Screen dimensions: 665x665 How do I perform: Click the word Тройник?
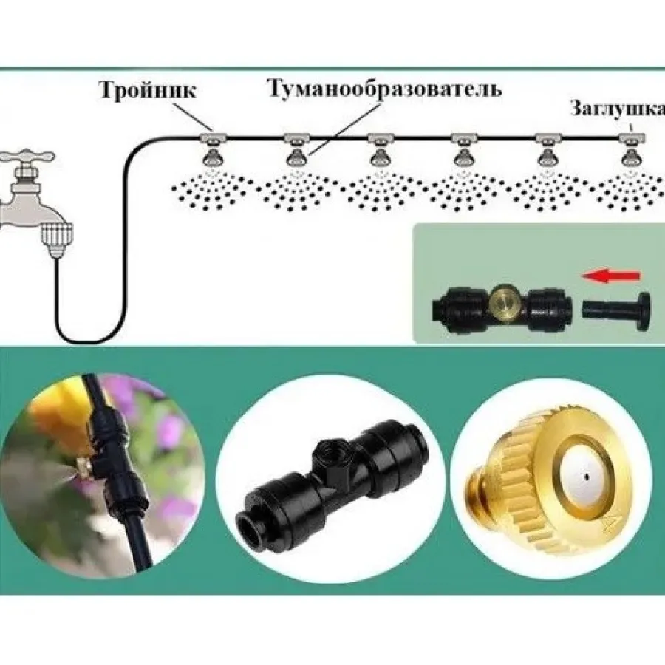[x=147, y=90]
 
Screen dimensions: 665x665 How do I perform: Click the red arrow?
[x=610, y=276]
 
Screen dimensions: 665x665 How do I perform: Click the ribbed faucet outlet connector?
[x=56, y=240]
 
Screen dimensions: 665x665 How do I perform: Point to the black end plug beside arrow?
[x=617, y=311]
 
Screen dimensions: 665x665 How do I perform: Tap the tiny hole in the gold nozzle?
[x=587, y=477]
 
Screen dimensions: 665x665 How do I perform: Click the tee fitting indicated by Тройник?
[x=213, y=138]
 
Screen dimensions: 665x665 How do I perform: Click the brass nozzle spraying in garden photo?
[x=83, y=465]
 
